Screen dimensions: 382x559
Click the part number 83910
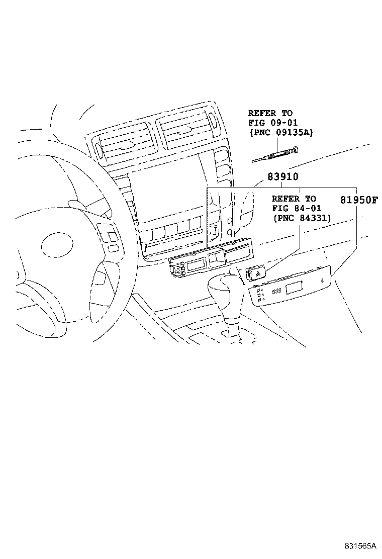coord(283,176)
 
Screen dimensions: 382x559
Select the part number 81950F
coord(358,200)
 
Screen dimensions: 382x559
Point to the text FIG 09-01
coord(272,123)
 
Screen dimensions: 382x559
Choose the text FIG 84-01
coord(297,208)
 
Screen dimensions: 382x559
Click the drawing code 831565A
coord(360,545)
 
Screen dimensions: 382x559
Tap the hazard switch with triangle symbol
coord(255,273)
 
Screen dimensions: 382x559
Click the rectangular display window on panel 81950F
coord(295,289)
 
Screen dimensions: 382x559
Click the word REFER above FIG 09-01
coord(262,114)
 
